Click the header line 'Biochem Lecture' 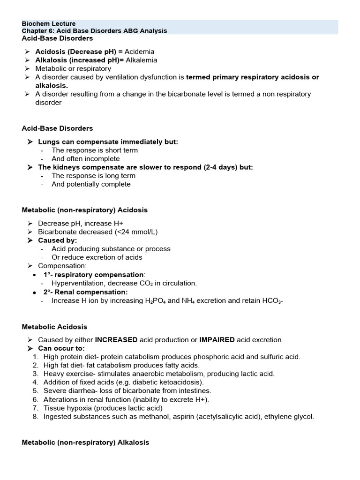[49, 24]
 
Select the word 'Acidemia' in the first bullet [139, 52]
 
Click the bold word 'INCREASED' [116, 340]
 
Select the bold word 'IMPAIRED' [217, 340]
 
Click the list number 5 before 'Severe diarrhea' [35, 390]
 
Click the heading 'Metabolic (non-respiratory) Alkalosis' [85, 442]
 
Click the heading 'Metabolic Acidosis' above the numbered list [54, 327]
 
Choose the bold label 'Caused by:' [58, 240]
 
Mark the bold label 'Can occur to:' [61, 348]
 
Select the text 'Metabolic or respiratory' [73, 68]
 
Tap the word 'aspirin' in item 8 [194, 416]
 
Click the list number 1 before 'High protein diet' [35, 357]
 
